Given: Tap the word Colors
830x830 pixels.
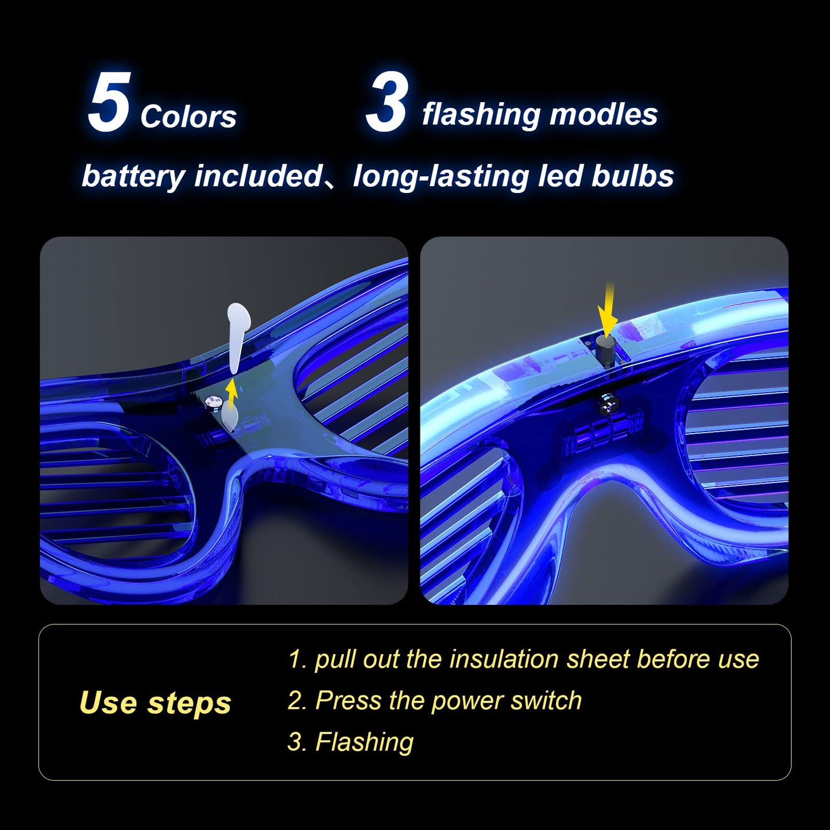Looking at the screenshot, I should pos(188,117).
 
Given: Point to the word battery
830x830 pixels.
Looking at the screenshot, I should pos(133,176).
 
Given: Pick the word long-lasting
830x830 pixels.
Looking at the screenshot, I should pos(441,176).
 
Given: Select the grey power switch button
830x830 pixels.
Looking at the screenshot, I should pos(606,350).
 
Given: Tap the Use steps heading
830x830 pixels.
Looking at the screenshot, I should pos(155,702).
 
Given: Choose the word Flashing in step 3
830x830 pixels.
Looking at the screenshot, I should pos(364,742).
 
